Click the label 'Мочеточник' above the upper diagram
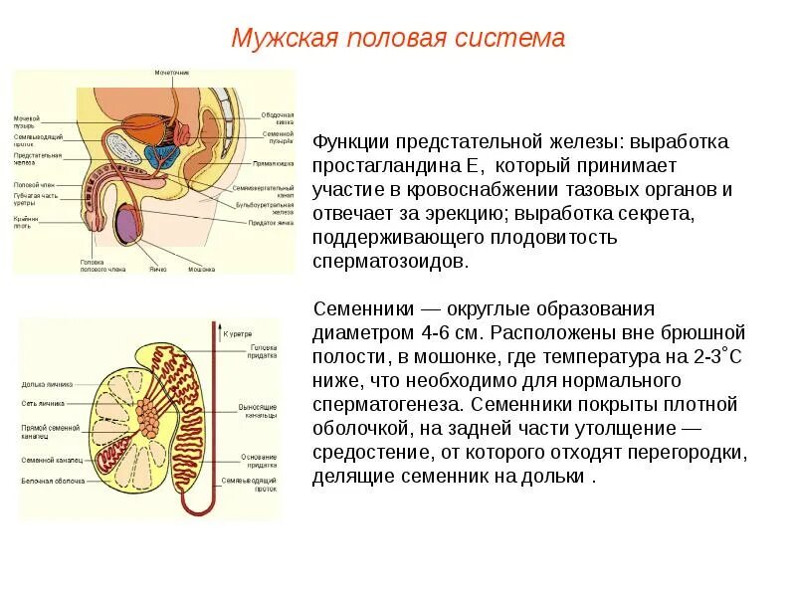tap(171, 73)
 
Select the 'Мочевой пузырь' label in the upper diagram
tap(25, 123)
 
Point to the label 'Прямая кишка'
tap(271, 161)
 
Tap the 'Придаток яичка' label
tap(270, 223)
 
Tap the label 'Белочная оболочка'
tap(50, 479)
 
